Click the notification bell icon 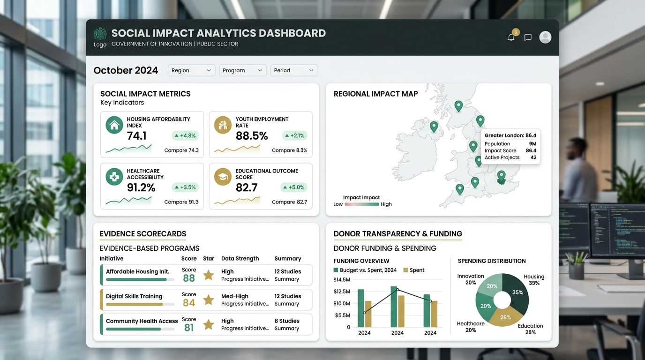[x=511, y=37]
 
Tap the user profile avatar [x=545, y=37]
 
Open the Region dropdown [x=191, y=70]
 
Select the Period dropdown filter [x=294, y=70]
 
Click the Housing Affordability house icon [x=114, y=125]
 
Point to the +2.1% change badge [x=294, y=135]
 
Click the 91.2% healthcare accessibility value [x=141, y=187]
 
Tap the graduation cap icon [x=223, y=177]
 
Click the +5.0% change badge [x=294, y=187]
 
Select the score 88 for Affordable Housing [x=189, y=278]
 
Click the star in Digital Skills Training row [x=209, y=300]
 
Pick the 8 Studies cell [x=287, y=321]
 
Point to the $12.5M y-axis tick [x=342, y=292]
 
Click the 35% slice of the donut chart [x=517, y=292]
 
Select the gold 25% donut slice [x=505, y=317]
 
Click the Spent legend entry [x=414, y=270]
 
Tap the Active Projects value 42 [x=533, y=157]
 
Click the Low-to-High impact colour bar [x=362, y=204]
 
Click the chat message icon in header [x=528, y=37]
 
